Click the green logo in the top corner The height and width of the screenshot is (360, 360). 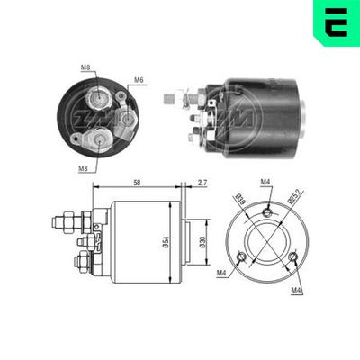click(x=335, y=22)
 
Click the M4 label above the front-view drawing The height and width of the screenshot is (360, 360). click(x=265, y=184)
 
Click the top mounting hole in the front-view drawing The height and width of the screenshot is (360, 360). click(x=266, y=211)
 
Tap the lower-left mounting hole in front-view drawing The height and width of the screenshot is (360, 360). click(x=240, y=257)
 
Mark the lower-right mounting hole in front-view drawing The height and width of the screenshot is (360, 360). click(x=293, y=257)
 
